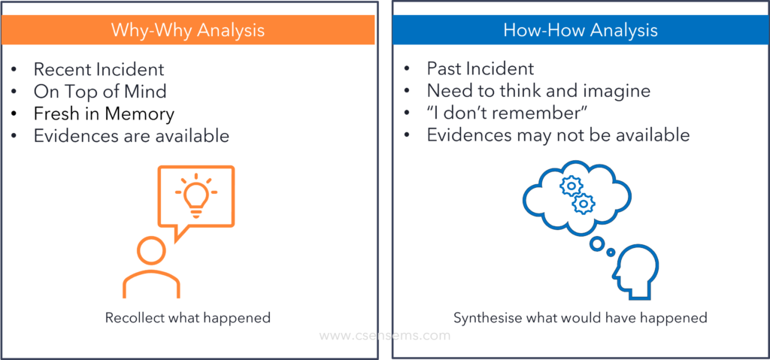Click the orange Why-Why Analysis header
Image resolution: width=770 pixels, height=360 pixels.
[x=187, y=30]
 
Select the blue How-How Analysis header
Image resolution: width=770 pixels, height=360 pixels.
[x=581, y=30]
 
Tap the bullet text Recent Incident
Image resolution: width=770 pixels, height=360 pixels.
[x=99, y=69]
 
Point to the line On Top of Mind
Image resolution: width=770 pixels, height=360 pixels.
[x=100, y=92]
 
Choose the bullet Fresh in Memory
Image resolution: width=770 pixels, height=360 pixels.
[x=104, y=114]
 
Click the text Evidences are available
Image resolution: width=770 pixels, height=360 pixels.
[x=131, y=136]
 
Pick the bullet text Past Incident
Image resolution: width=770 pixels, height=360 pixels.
[x=480, y=68]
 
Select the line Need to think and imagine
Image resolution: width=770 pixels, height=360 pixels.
[x=538, y=91]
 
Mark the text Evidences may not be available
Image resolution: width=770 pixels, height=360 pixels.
[x=559, y=135]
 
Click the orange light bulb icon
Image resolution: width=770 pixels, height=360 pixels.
[x=196, y=195]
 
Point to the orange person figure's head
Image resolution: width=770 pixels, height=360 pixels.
[x=151, y=250]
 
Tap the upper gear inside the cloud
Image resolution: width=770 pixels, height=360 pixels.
[x=571, y=186]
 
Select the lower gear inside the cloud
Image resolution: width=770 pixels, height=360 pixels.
[x=584, y=204]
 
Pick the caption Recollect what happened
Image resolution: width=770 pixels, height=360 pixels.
[x=187, y=318]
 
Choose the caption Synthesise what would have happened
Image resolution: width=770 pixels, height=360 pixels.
[x=580, y=318]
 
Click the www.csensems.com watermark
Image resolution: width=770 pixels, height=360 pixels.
[x=384, y=336]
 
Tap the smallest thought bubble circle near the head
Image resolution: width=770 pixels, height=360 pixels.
[x=611, y=253]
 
